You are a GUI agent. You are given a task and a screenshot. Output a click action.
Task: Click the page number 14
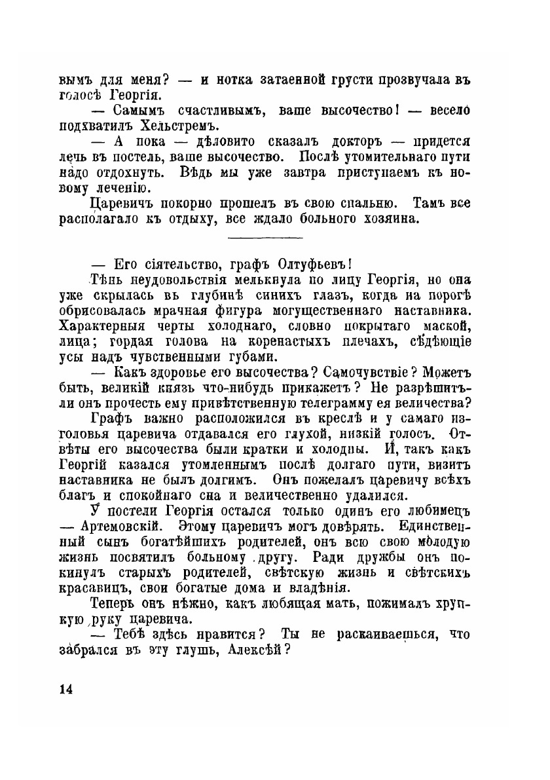coord(66,689)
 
